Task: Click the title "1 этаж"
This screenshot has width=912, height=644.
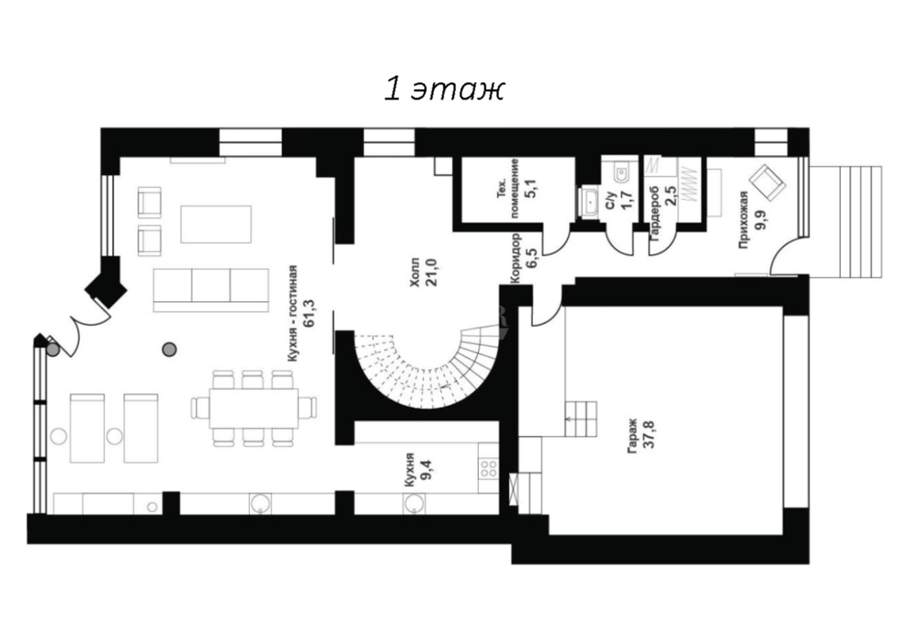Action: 444,90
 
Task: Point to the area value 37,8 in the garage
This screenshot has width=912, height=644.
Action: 649,432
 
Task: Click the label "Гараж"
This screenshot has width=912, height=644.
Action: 633,436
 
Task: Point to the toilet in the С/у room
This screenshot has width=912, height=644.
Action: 620,171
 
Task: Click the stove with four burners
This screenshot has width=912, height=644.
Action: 489,469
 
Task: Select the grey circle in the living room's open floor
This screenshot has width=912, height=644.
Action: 170,349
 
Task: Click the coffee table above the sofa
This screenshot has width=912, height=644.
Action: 216,223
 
